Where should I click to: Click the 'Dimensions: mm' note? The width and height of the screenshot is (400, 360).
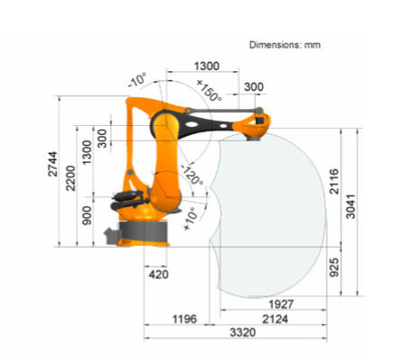click(x=285, y=45)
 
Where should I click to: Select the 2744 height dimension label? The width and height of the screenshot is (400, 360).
click(x=53, y=164)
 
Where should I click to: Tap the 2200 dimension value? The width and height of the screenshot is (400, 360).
click(x=71, y=178)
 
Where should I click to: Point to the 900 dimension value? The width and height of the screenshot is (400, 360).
click(x=87, y=215)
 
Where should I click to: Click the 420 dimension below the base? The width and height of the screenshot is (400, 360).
click(x=159, y=274)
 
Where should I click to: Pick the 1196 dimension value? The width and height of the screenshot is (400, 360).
click(x=185, y=319)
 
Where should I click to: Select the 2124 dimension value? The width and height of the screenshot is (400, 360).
click(x=275, y=319)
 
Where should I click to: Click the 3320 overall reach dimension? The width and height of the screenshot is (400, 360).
click(x=242, y=332)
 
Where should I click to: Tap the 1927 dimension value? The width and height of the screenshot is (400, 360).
click(x=281, y=304)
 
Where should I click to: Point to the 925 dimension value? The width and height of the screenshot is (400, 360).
click(x=334, y=267)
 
